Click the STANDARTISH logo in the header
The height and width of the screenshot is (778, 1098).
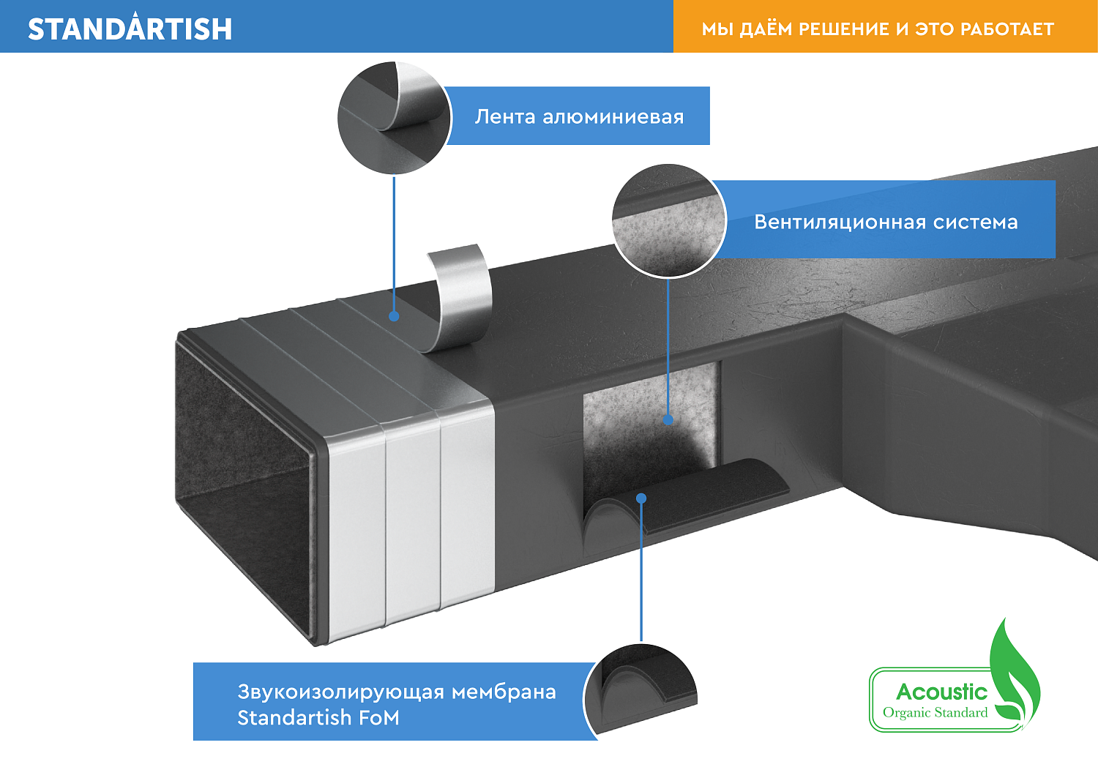130,28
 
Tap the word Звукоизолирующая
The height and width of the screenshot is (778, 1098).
340,692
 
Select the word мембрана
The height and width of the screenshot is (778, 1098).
504,692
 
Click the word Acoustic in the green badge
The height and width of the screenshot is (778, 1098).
941,692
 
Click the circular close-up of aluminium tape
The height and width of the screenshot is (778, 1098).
394,118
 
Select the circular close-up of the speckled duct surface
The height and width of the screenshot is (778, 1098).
669,220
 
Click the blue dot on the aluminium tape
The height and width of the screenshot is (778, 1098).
394,316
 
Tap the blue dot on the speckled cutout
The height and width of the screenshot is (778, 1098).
668,419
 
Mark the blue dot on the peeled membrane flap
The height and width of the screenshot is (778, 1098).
641,498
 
